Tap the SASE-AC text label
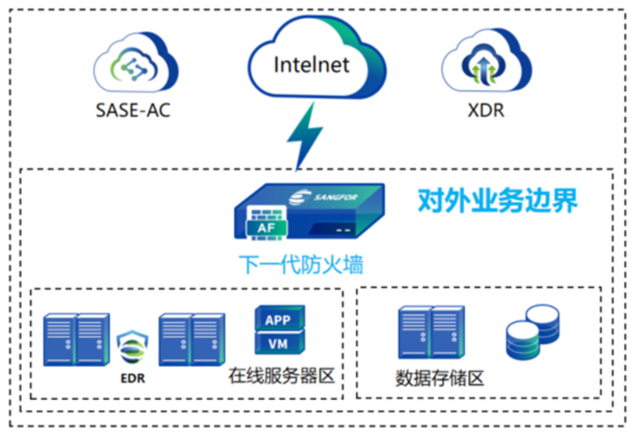click(x=133, y=111)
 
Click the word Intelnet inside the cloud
click(x=311, y=64)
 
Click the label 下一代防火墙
click(x=301, y=263)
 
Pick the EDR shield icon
click(x=133, y=349)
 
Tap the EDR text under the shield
click(x=133, y=379)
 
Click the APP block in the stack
click(x=278, y=320)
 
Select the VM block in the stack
click(x=278, y=344)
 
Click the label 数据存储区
click(x=440, y=378)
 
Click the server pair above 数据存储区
click(x=431, y=333)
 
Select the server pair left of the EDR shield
click(x=76, y=339)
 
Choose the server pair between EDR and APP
click(x=192, y=339)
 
